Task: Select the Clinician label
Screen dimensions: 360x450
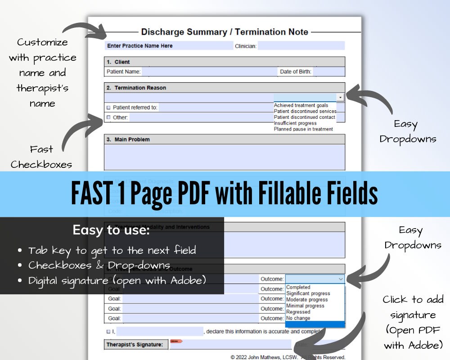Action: point(246,46)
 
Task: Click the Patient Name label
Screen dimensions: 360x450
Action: point(123,72)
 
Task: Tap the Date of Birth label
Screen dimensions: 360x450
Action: point(295,72)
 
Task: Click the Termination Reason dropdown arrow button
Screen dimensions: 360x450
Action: point(341,97)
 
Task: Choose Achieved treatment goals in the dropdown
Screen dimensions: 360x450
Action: point(301,105)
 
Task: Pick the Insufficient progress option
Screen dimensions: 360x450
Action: point(295,123)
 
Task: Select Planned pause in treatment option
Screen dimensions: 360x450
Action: point(303,129)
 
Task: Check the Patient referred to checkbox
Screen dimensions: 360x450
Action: point(108,108)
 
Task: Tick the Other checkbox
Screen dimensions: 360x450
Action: point(108,117)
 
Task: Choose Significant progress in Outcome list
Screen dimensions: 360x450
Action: point(308,293)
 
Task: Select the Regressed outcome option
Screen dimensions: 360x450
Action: point(298,312)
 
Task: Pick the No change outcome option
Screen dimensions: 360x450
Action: point(298,318)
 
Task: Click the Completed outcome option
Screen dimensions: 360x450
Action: point(298,287)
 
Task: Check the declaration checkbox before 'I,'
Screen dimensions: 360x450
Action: point(108,332)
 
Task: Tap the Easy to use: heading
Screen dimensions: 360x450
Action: point(111,230)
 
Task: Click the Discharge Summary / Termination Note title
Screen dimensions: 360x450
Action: point(225,32)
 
